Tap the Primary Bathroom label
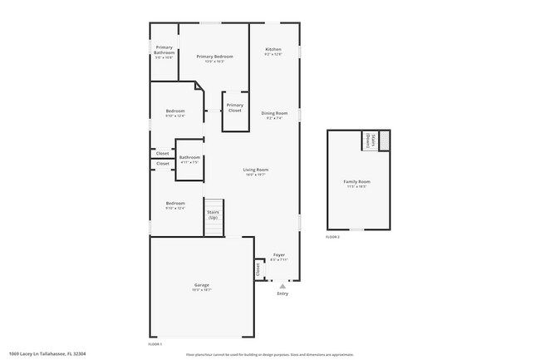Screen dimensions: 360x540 pos(164,50)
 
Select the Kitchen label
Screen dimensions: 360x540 pos(273,50)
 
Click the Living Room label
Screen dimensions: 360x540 pos(255,170)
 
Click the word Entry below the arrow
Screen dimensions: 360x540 pos(282,293)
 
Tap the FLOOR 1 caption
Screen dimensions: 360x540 pos(155,343)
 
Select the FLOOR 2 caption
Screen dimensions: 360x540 pos(332,238)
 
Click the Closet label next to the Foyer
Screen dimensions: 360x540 pos(258,269)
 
